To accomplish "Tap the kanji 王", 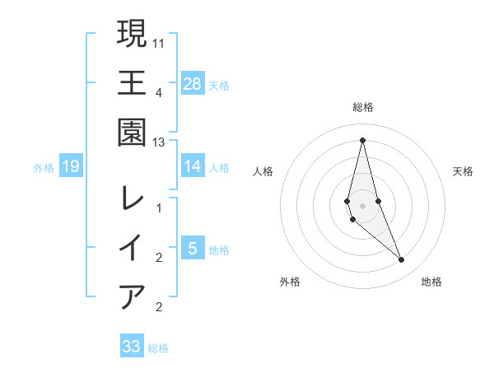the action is coord(133,83).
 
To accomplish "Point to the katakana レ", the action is coord(133,198).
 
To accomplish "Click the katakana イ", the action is coord(133,248).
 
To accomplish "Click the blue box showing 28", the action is coord(193,83).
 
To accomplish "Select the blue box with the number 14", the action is coord(193,166).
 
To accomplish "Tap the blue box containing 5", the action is coord(193,248).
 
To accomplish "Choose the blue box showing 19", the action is coord(71,167).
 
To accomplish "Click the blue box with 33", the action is coord(132,347).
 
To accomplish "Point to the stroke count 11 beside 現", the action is coord(159,41).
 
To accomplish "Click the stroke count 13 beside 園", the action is coord(159,142).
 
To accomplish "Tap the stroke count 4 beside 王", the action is coord(159,91).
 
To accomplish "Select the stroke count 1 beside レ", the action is coord(159,208).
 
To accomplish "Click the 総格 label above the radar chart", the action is coord(363,107).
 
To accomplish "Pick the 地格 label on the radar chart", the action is coord(431,282).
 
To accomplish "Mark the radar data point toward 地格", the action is coord(402,260).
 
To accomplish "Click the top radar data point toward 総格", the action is coord(363,139).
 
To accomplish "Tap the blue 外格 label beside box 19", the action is coord(44,168).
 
